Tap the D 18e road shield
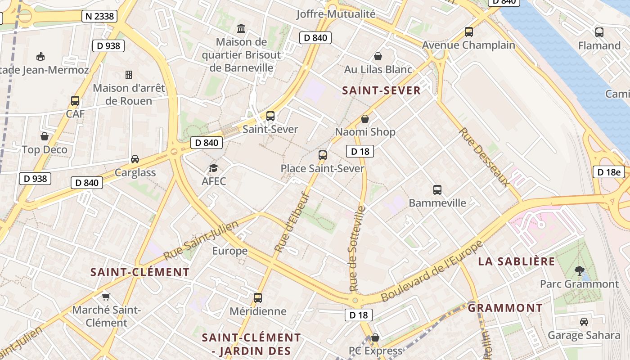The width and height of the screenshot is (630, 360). point(609,171)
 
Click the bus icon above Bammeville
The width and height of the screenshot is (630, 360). point(437,190)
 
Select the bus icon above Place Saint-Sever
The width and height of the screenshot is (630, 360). point(322,156)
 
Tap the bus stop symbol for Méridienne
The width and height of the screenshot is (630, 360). point(258,298)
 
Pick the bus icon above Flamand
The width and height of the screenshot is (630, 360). point(599,32)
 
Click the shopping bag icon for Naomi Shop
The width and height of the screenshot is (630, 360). point(365,119)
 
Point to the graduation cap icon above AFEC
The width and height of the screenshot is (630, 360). point(213,169)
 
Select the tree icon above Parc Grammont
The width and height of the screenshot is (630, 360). point(580,270)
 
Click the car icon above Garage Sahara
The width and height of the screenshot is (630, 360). point(584,322)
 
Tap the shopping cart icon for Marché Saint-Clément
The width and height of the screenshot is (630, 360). point(106,297)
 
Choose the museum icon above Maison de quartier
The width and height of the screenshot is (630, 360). point(241,29)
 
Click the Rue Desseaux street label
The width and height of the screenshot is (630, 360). point(484,157)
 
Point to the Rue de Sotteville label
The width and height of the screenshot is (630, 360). point(356,248)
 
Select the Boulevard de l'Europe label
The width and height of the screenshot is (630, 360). point(432,271)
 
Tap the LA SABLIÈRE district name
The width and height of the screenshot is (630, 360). point(516,261)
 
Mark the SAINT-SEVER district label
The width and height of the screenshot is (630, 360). point(381,90)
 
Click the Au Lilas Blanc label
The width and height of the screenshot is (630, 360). point(378,69)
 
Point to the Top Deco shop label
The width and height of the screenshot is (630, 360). point(45,150)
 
